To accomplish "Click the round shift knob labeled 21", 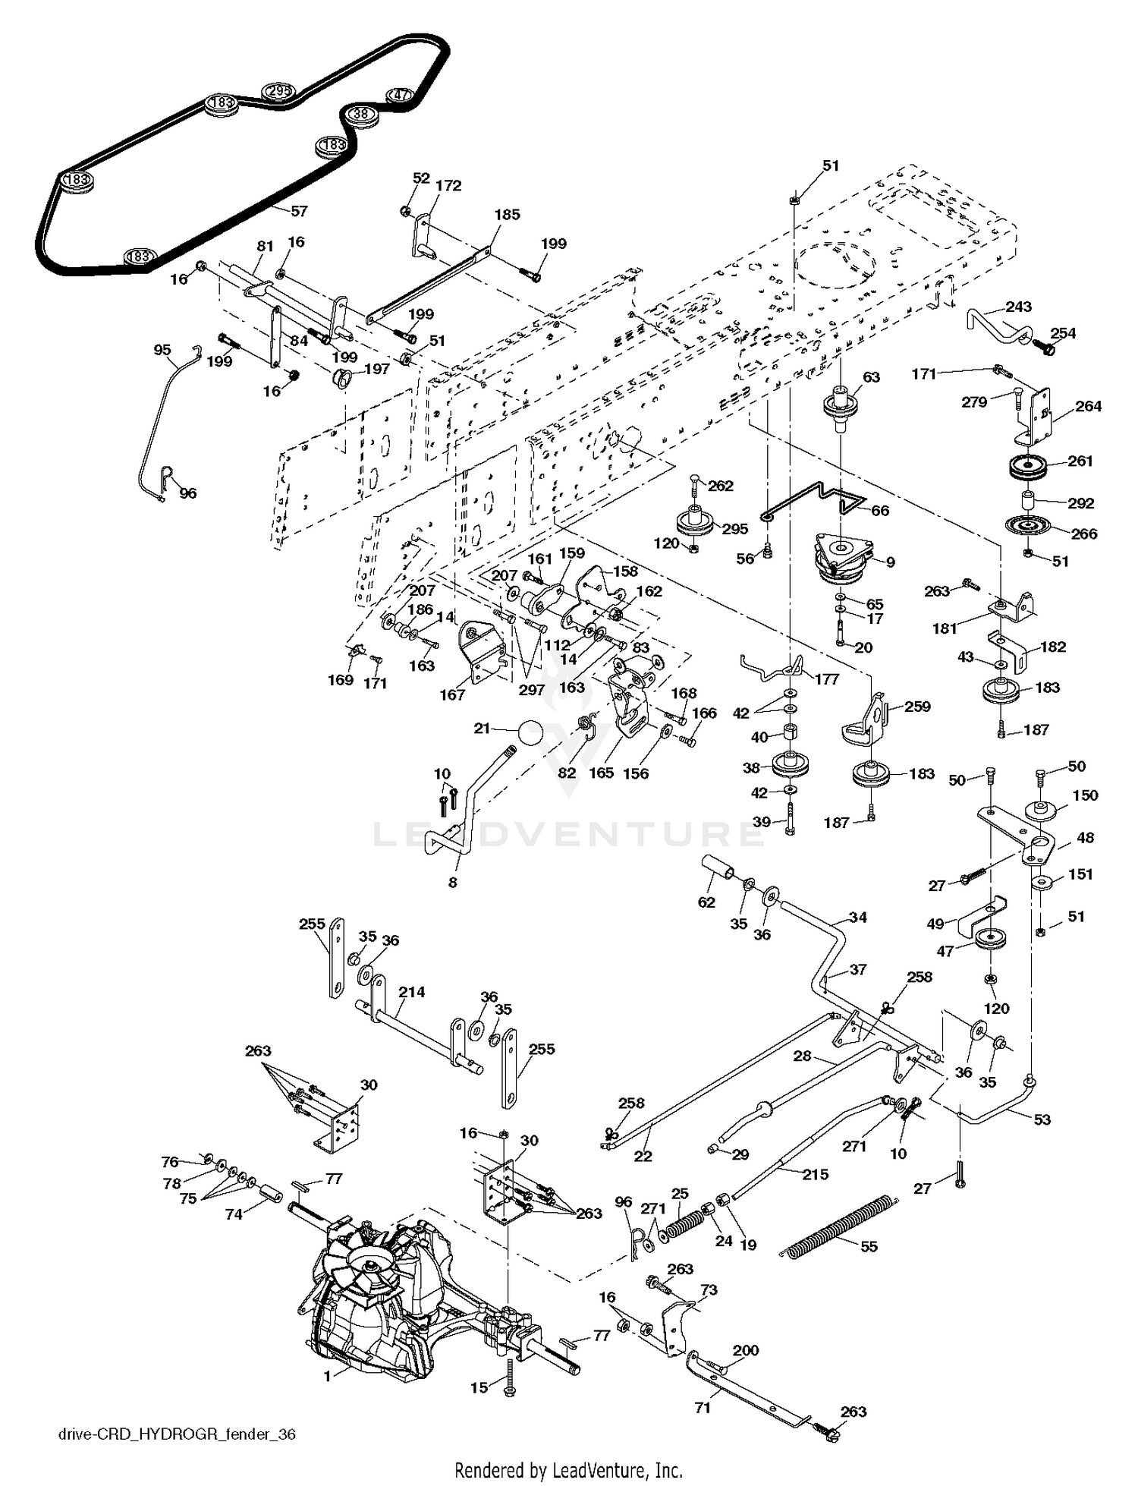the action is [x=530, y=734].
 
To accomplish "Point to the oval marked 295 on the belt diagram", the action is [x=278, y=92].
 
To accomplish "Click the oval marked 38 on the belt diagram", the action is [x=362, y=115].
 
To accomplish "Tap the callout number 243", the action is [x=1018, y=307].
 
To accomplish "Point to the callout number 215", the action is [x=816, y=1173].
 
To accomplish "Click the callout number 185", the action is [x=507, y=215].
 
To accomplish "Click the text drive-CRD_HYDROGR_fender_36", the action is [x=177, y=1434].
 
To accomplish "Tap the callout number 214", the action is [x=411, y=992].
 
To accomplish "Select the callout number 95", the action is [x=162, y=350].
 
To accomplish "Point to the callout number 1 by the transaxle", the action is [x=328, y=1376].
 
